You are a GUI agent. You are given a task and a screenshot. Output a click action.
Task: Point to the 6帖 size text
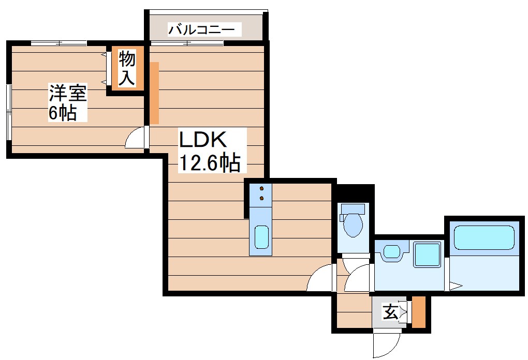pos(63,113)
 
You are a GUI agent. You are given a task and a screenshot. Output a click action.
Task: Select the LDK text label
pos(203,141)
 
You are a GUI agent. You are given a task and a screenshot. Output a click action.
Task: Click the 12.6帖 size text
pos(210,163)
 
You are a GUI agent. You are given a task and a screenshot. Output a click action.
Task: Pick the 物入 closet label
pos(127,69)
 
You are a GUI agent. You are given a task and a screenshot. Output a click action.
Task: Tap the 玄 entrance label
pos(390,312)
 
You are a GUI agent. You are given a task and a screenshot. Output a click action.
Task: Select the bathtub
pos(485,237)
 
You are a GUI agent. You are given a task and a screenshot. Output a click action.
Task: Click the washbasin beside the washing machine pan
pos(392,252)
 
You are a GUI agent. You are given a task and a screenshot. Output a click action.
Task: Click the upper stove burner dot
pos(262,188)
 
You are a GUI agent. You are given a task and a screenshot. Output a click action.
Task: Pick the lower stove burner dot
pos(262,198)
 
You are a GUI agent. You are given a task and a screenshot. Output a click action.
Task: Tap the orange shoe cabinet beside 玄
pos(418,312)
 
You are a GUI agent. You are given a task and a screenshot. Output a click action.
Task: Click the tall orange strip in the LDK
pos(154,93)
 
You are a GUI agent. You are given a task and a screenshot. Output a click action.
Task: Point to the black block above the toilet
pos(353,193)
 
